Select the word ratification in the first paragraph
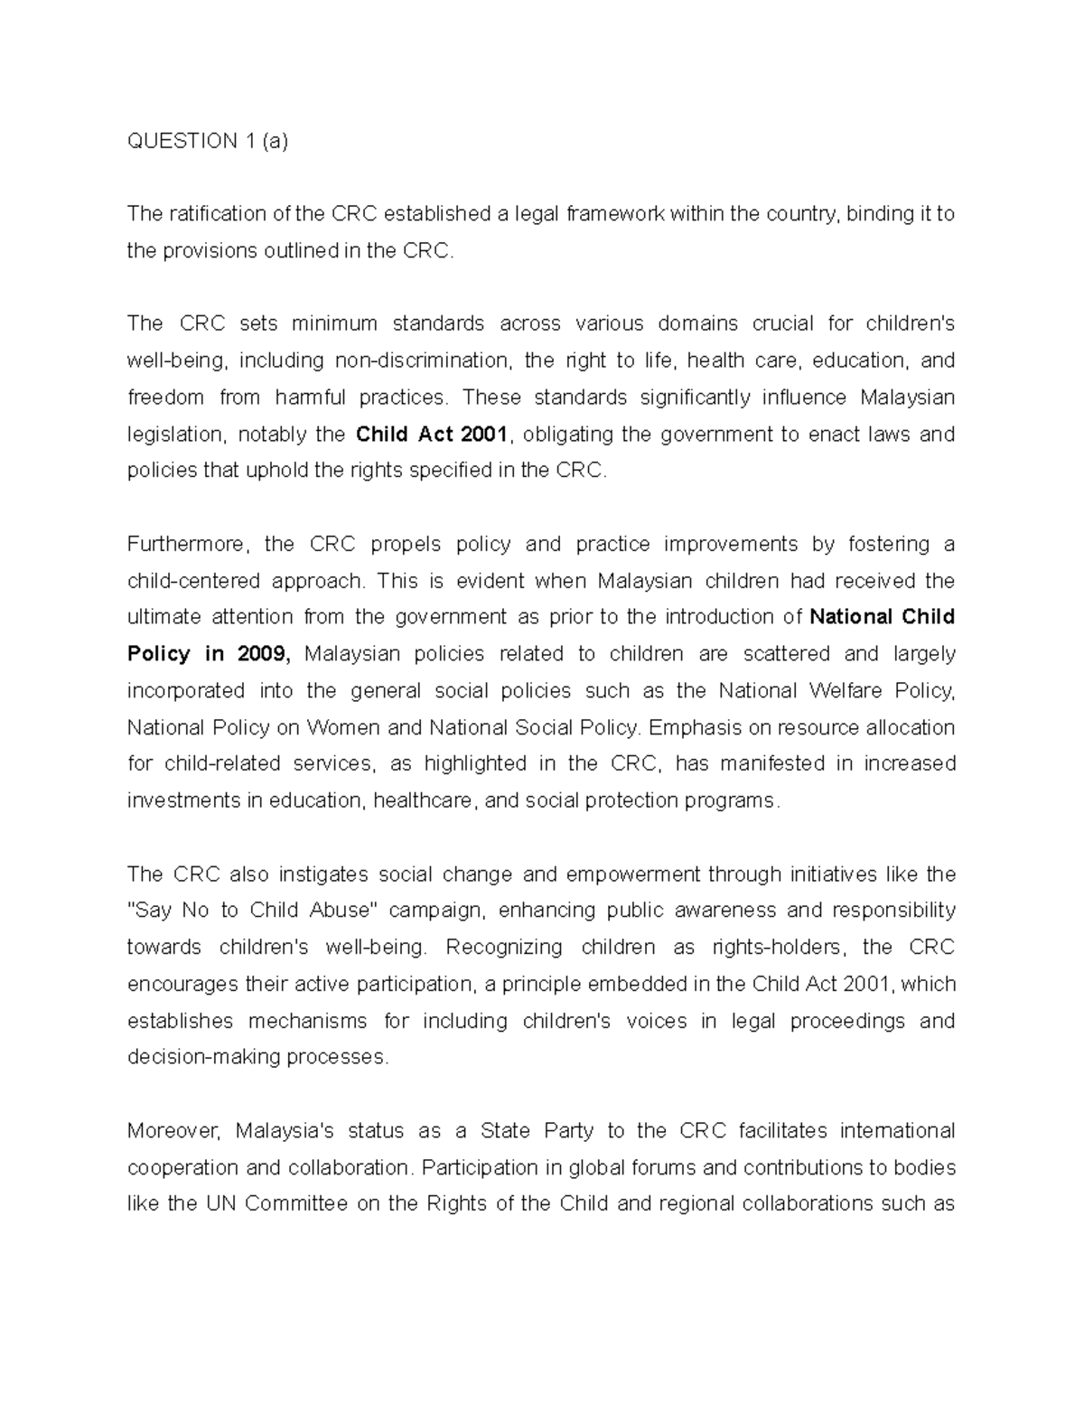(213, 214)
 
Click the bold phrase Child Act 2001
(433, 435)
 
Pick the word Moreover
(173, 1131)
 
